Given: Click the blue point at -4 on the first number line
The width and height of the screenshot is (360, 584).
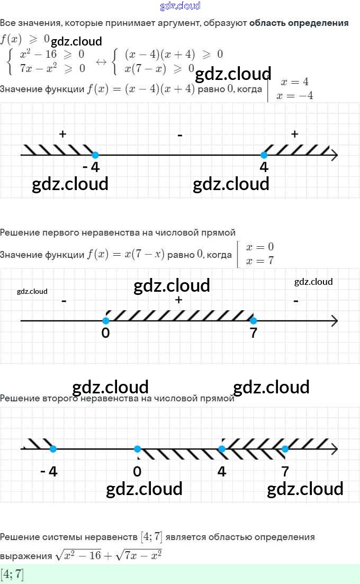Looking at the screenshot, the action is [95, 155].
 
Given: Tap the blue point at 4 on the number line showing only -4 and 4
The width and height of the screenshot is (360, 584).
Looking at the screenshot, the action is [264, 155].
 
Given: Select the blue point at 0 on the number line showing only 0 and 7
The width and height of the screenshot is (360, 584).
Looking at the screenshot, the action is [106, 320].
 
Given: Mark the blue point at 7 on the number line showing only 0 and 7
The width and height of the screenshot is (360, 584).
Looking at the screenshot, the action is [253, 320].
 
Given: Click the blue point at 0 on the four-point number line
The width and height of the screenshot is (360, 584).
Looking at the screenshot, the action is [138, 449].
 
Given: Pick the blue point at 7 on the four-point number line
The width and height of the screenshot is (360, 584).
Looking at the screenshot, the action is [285, 449].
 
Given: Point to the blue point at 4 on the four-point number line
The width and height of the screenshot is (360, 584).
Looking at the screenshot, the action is [222, 449].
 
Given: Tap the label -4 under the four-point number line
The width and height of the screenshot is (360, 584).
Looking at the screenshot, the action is [49, 471].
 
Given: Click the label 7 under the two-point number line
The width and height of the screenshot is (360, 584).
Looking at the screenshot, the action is [254, 334].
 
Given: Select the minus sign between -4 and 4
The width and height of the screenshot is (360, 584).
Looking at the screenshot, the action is [180, 136].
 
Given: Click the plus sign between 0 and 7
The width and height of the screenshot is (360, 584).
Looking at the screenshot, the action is [179, 300].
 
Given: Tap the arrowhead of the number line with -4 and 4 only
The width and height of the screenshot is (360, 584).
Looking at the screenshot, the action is [334, 155].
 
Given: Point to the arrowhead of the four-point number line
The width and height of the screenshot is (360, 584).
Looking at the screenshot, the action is [334, 449].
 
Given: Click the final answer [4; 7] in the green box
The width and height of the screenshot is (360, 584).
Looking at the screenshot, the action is [12, 574].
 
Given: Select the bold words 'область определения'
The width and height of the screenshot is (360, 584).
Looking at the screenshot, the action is [299, 23].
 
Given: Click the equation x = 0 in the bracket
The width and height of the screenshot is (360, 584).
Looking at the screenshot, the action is [259, 247].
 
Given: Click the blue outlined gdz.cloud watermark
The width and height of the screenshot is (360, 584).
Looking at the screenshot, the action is [180, 6].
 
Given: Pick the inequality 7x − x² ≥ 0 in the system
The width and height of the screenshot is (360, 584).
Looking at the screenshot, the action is [52, 68].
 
